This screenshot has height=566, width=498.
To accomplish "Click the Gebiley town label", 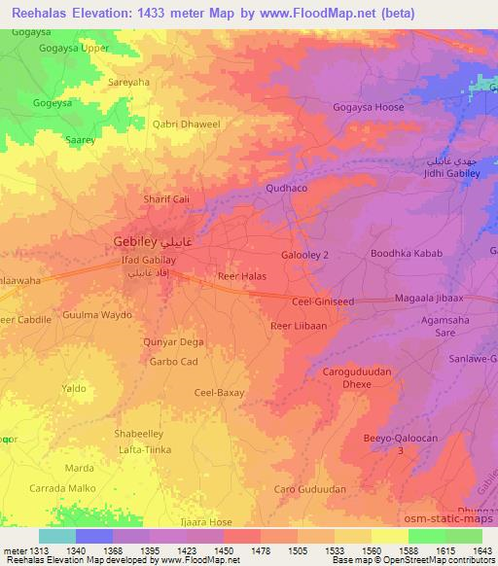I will click(x=134, y=240).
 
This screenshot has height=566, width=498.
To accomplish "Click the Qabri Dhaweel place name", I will click(x=189, y=124).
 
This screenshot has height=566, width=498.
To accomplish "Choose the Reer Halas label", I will click(x=241, y=277).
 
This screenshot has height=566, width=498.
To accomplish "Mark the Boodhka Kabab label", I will click(x=407, y=254).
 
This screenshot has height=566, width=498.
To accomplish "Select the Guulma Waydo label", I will click(x=96, y=315).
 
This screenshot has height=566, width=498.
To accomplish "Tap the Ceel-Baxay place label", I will click(x=219, y=393).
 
